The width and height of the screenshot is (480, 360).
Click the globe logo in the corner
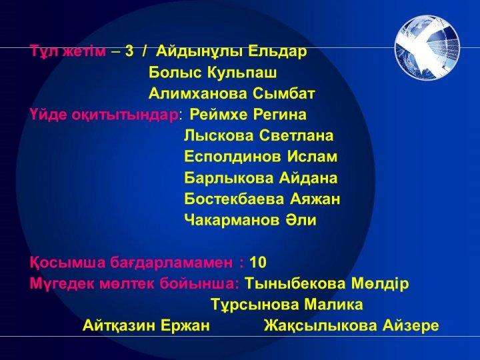click(427, 48)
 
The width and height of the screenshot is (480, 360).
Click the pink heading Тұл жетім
click(68, 51)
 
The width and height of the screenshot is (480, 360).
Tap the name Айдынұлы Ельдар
click(231, 51)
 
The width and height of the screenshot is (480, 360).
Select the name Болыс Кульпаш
click(213, 73)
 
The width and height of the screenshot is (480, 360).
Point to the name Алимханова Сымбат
click(232, 94)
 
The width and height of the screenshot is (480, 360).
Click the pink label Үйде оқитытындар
click(104, 115)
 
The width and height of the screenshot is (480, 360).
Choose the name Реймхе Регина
click(248, 115)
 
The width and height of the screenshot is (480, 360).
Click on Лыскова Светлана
click(259, 135)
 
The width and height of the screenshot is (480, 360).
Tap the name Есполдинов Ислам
click(261, 157)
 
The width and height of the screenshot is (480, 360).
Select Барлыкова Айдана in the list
click(261, 178)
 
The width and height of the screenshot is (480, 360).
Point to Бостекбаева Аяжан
click(262, 199)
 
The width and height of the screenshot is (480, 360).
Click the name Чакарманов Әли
click(250, 220)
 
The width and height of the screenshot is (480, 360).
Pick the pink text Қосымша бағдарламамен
click(131, 263)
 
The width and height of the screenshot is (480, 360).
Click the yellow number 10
click(258, 263)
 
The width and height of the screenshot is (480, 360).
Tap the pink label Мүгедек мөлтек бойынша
click(135, 283)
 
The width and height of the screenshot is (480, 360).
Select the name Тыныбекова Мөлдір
click(327, 283)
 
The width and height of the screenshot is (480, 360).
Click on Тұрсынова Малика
click(287, 305)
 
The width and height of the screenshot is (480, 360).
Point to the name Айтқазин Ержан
click(146, 325)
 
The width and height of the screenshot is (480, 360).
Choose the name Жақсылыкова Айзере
click(351, 325)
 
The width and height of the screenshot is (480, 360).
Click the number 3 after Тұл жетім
click(129, 51)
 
